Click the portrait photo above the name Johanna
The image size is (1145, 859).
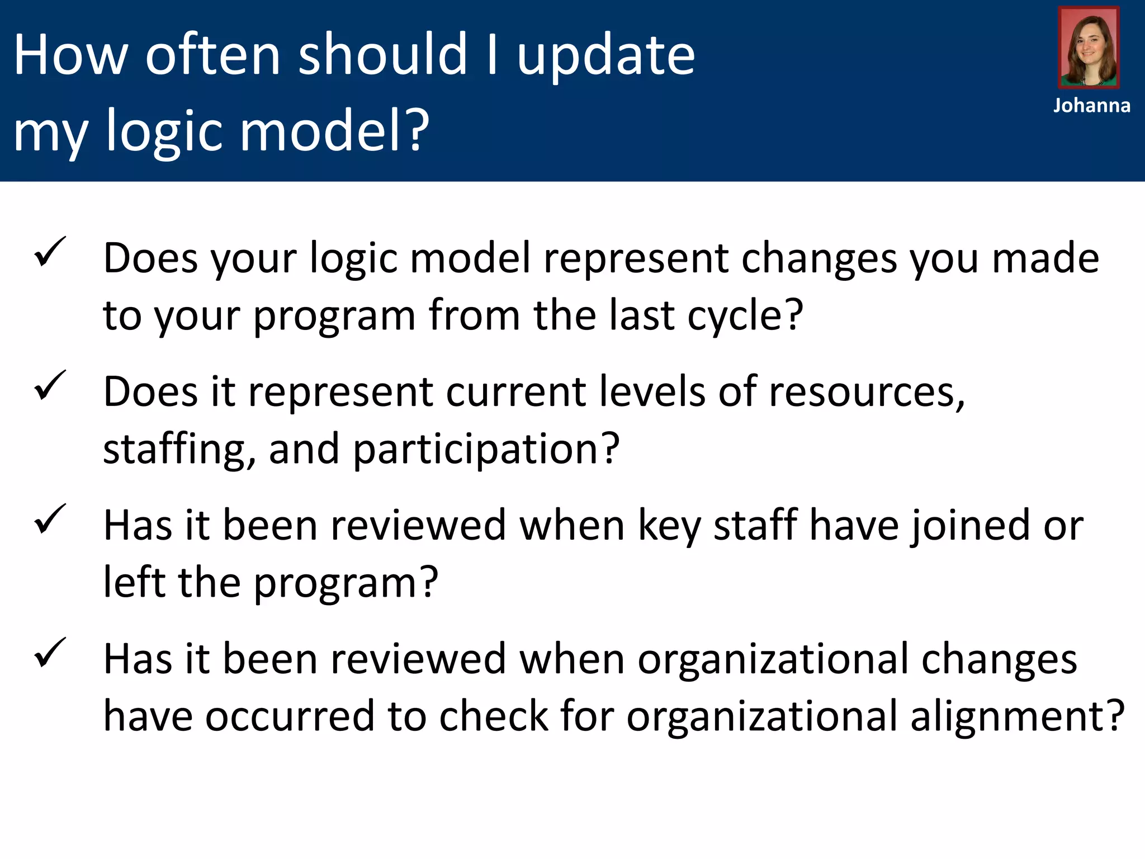click(x=1089, y=48)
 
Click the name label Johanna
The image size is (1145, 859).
click(x=1091, y=106)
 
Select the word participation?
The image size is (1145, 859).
click(x=486, y=449)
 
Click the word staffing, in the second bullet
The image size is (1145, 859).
click(x=179, y=449)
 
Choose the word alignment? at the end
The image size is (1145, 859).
click(x=1017, y=716)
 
